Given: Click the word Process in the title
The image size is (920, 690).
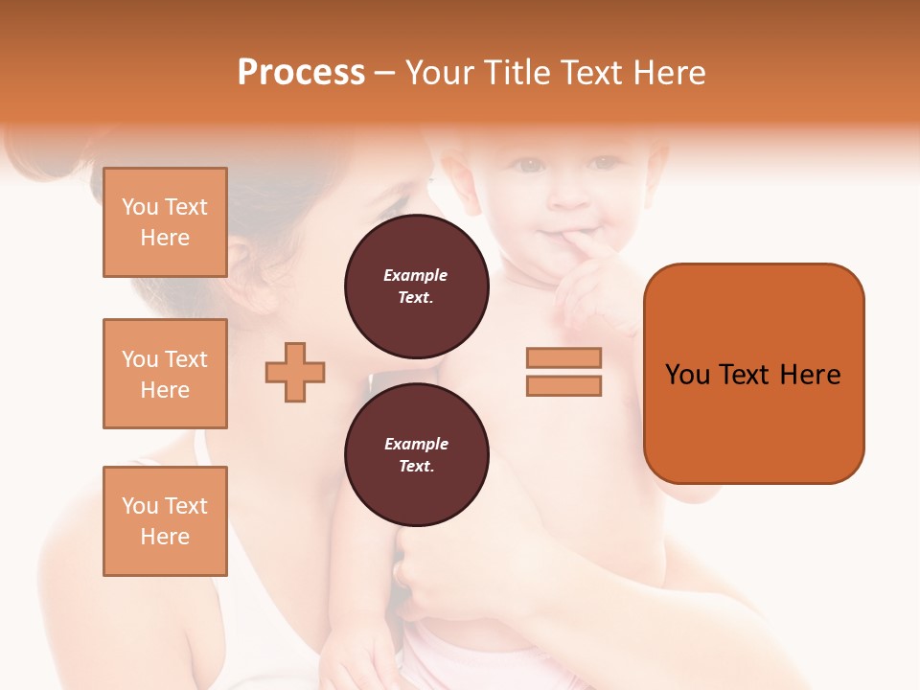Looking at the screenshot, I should [x=301, y=73].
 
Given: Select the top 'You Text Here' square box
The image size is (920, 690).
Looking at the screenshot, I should [x=165, y=222].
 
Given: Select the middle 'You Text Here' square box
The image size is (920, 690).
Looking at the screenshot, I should [x=165, y=374].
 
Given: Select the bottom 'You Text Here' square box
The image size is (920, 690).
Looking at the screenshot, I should [x=165, y=521].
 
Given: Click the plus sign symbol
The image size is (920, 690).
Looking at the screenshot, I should [x=295, y=372].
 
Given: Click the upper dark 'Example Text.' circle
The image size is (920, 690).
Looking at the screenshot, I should [x=417, y=286].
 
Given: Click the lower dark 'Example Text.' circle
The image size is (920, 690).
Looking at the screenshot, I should [x=417, y=454].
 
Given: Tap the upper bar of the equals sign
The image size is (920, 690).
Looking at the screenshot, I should [x=563, y=358].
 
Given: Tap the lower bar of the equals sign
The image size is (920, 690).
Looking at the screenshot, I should [x=563, y=385].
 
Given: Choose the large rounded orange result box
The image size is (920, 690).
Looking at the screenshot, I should [x=753, y=422].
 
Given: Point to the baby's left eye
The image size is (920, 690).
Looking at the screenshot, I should [x=605, y=163].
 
